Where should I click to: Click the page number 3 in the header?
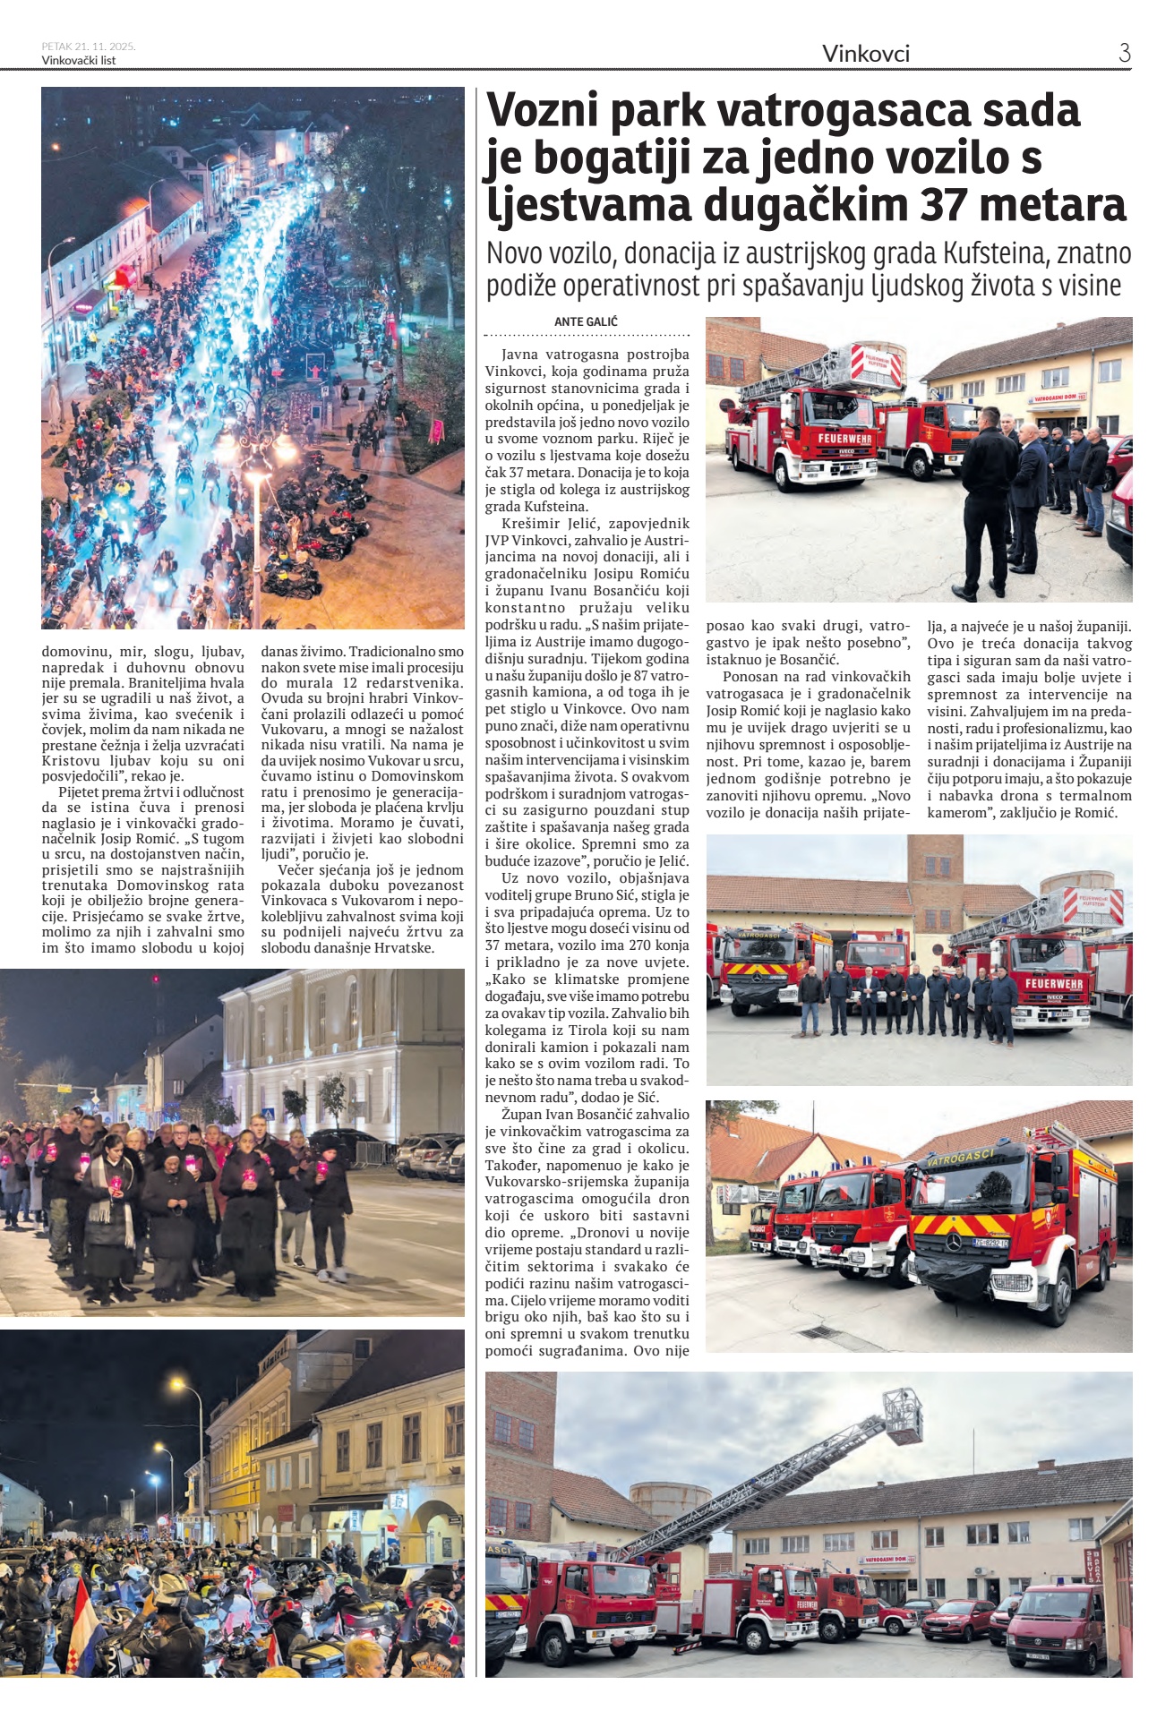tap(1124, 53)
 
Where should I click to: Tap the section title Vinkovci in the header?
tap(865, 54)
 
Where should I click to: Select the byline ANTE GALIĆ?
tap(586, 321)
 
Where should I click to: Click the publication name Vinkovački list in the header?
tap(79, 61)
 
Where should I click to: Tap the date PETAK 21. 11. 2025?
tap(89, 47)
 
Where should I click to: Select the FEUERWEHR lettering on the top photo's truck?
tap(844, 439)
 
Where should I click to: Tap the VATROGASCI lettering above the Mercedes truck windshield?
tap(961, 1159)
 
